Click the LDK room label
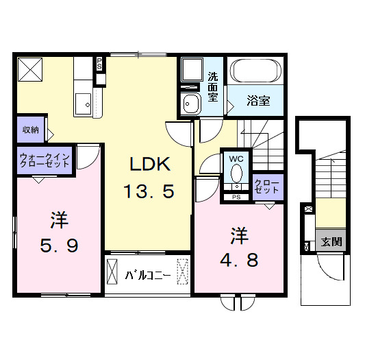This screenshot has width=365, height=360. pyautogui.click(x=147, y=165)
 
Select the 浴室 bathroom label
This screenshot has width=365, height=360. pyautogui.click(x=257, y=101)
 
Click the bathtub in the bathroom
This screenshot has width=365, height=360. pyautogui.click(x=256, y=71)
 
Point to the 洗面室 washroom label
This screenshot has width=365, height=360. pyautogui.click(x=214, y=86)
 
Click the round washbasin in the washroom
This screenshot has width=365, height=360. pyautogui.click(x=190, y=104)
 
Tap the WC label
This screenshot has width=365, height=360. pyautogui.click(x=236, y=158)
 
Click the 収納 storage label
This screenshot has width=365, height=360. pyautogui.click(x=29, y=130)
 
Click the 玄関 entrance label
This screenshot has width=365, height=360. pyautogui.click(x=332, y=241)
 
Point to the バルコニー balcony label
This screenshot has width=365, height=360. pyautogui.click(x=147, y=276)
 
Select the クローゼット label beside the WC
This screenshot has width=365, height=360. pyautogui.click(x=266, y=187)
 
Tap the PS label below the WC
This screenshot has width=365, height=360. pyautogui.click(x=236, y=198)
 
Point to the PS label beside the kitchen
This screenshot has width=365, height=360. pyautogui.click(x=100, y=63)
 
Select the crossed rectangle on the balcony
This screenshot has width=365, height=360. pyautogui.click(x=183, y=272)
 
